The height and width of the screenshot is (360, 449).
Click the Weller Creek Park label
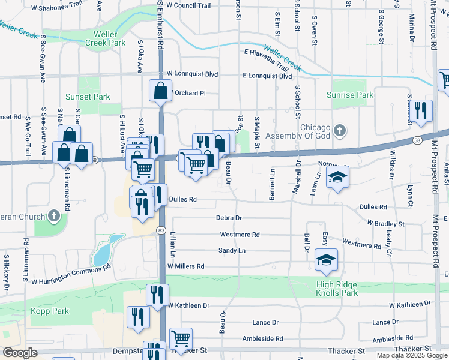click(106, 39)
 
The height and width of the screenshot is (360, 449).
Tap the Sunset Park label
click(88, 97)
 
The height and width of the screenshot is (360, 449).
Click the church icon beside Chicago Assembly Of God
click(340, 130)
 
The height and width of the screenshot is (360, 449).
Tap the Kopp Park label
click(52, 311)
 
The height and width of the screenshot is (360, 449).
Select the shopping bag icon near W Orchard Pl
click(161, 91)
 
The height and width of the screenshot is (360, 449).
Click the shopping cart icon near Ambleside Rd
click(181, 338)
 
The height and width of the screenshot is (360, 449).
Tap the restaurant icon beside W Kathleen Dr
click(157, 295)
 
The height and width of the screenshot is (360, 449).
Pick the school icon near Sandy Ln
click(326, 259)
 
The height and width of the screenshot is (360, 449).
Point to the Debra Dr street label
click(229, 218)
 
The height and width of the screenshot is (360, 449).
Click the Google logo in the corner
click(20, 353)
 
